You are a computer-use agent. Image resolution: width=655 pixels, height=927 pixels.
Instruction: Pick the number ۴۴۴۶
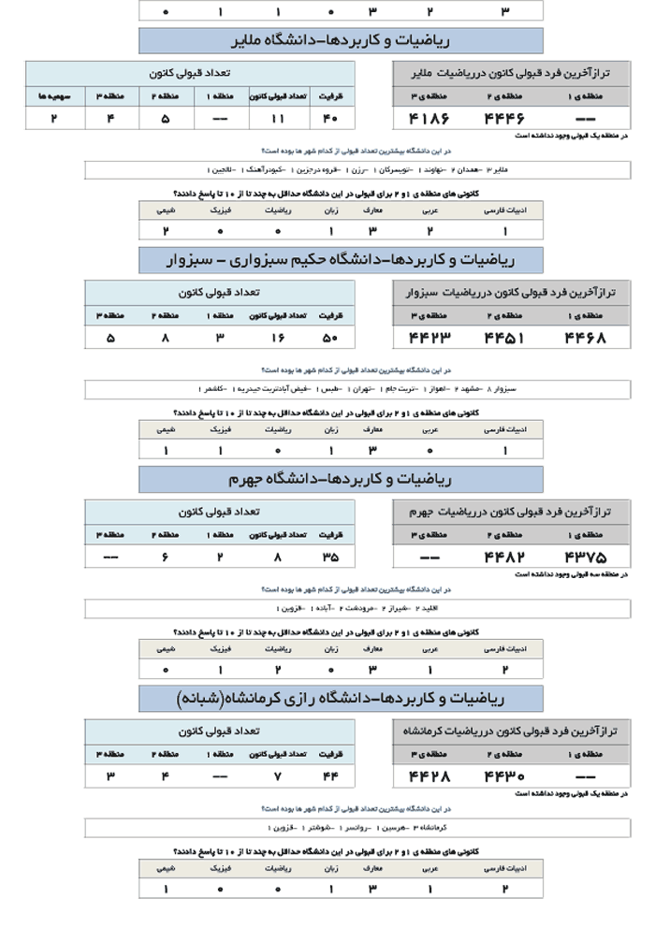(x=504, y=119)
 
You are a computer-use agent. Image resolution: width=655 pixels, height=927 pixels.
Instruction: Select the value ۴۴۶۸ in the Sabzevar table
(x=585, y=338)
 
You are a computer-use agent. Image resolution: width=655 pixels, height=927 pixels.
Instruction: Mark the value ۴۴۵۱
(x=504, y=338)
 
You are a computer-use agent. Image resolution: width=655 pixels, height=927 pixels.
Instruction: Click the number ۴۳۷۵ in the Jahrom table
(x=585, y=558)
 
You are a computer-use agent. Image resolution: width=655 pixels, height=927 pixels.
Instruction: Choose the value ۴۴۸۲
(x=504, y=558)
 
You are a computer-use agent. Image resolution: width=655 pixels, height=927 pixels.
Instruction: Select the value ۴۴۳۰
(x=504, y=776)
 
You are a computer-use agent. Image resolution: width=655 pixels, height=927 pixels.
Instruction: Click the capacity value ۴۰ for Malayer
(x=329, y=119)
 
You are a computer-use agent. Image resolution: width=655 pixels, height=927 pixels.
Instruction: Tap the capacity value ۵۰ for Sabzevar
(x=329, y=338)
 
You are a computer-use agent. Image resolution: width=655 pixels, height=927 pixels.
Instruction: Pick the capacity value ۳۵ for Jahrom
(x=329, y=558)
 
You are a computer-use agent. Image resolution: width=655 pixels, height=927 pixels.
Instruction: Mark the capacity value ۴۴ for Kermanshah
(x=329, y=776)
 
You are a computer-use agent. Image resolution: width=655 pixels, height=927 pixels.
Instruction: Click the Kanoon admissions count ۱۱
(x=277, y=119)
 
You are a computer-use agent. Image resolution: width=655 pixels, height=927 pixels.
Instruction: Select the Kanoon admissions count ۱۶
(x=277, y=338)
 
